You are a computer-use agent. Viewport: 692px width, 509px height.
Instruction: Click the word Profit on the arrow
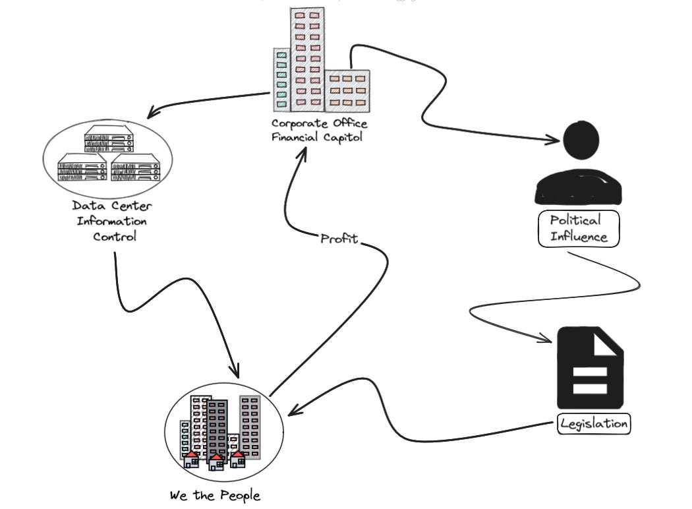point(339,239)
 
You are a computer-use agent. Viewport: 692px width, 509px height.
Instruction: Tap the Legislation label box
point(594,423)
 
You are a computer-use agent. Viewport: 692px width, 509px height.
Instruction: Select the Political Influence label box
point(579,228)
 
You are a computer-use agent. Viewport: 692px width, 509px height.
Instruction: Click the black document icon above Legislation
point(590,369)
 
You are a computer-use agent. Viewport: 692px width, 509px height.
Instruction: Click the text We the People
point(215,495)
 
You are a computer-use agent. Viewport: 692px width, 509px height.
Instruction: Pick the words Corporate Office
point(320,123)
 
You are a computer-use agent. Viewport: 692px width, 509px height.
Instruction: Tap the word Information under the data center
point(111,221)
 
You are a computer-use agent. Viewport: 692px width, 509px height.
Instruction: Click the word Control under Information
point(114,235)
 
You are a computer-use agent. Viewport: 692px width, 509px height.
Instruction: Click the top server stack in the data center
point(108,140)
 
